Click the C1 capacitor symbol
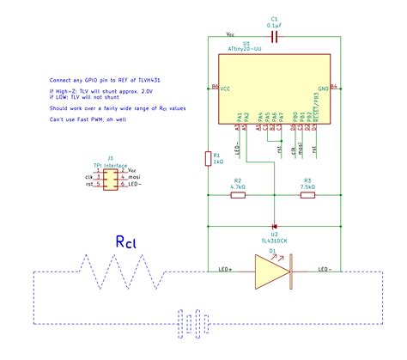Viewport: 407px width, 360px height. [274, 37]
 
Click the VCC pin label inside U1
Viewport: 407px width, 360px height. [226, 88]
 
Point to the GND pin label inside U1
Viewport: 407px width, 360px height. [323, 88]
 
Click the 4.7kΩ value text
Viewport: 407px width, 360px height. [239, 186]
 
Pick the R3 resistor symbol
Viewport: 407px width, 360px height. [307, 195]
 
